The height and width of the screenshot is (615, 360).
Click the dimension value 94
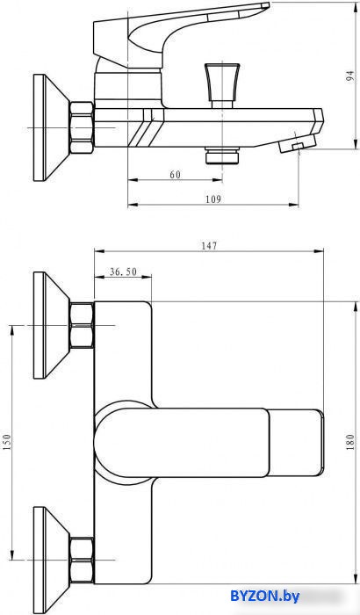[x=349, y=76]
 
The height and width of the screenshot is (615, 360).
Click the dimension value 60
[x=176, y=175]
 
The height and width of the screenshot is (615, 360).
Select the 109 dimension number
[x=213, y=199]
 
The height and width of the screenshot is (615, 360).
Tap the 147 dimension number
[x=209, y=246]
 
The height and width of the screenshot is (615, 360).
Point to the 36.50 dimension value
[x=123, y=271]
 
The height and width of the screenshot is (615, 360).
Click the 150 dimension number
[x=8, y=442]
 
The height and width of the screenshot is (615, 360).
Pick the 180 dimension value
[x=350, y=442]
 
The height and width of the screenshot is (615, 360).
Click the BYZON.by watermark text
[x=265, y=597]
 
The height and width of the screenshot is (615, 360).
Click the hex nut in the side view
[x=82, y=127]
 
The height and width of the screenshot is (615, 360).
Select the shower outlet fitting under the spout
[x=222, y=156]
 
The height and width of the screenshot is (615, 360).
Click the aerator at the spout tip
[x=298, y=142]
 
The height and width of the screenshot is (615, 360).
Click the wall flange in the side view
[x=52, y=127]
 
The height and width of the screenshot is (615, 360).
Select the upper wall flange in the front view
[x=52, y=325]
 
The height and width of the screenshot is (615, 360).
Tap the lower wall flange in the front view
[x=52, y=560]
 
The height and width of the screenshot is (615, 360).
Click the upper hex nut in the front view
[x=82, y=325]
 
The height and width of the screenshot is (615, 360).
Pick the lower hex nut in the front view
[x=82, y=560]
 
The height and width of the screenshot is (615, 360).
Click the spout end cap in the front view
[x=296, y=443]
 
